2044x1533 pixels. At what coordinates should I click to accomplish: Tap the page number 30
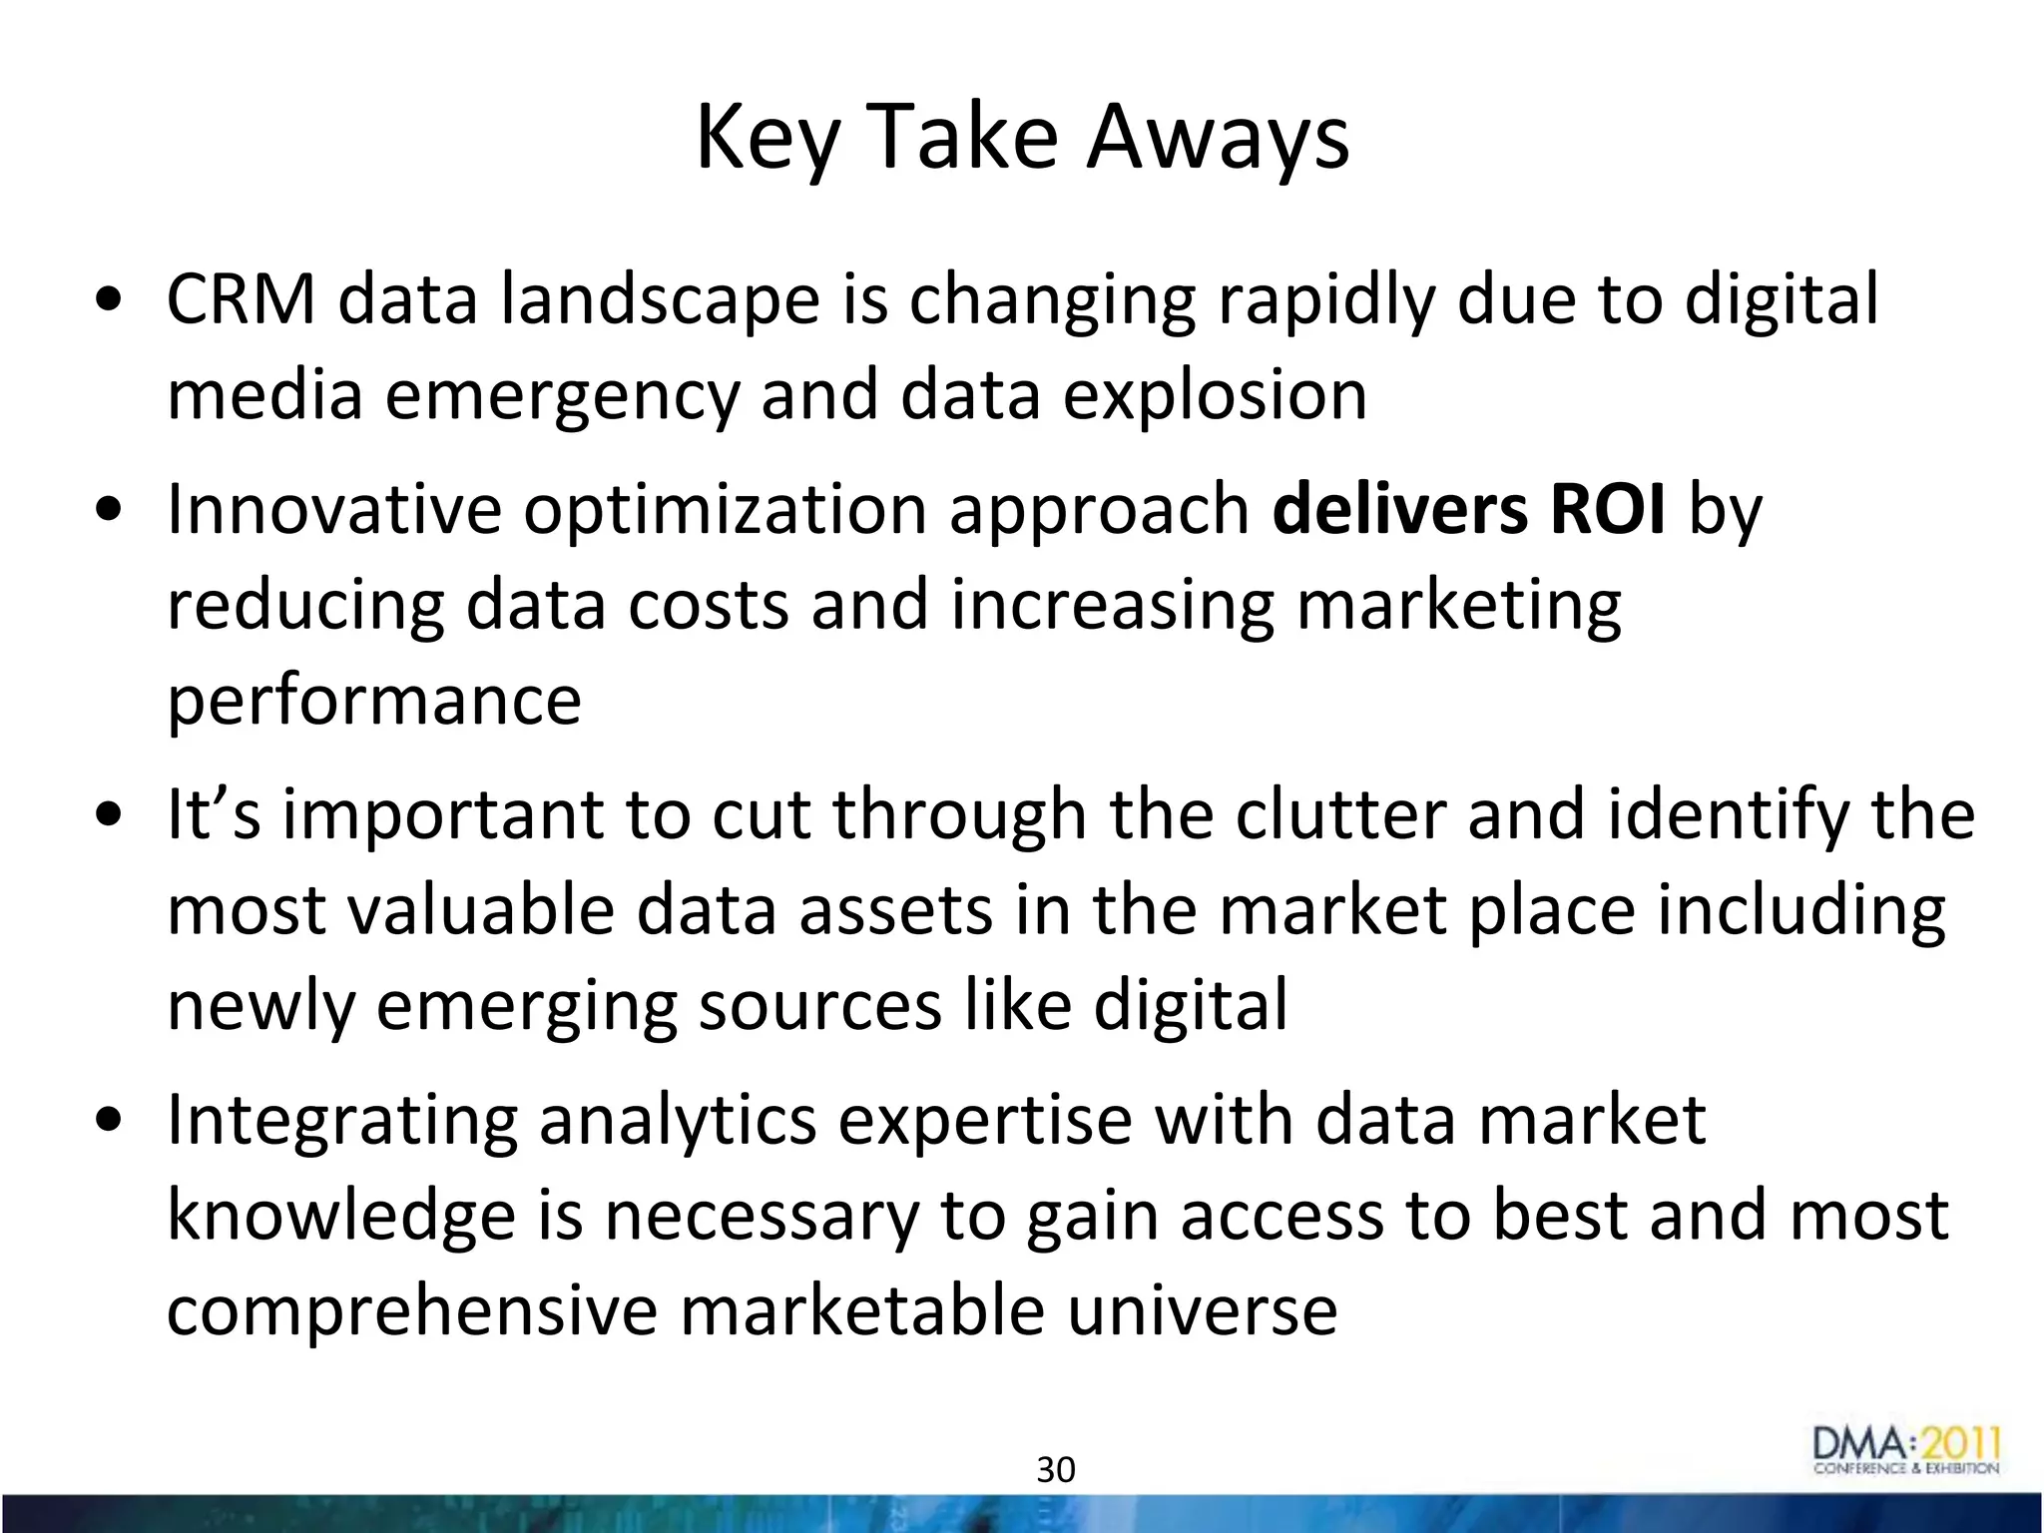1056,1470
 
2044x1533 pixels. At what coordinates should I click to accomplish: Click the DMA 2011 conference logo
1906,1451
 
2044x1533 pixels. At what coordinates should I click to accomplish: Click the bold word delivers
1399,509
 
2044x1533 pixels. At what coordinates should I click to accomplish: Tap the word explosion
1214,395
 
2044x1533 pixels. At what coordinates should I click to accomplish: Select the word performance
373,701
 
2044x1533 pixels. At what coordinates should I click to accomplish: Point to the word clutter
1339,814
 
